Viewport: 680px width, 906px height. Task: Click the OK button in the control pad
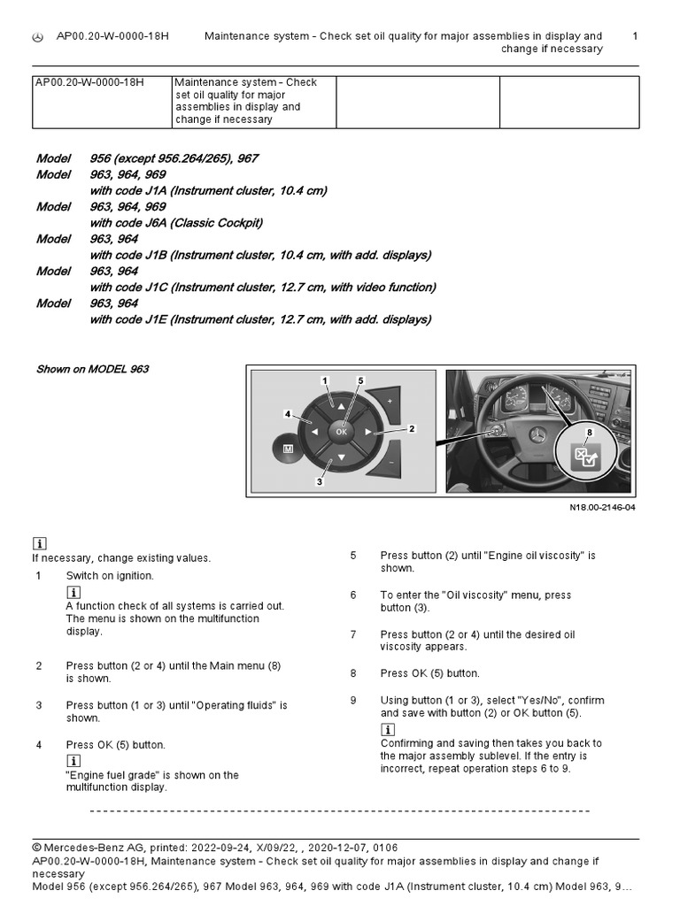340,431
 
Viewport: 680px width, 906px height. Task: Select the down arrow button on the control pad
340,459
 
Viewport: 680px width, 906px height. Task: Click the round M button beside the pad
288,449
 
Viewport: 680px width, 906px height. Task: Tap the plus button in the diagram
390,401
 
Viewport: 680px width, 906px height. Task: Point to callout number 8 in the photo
589,431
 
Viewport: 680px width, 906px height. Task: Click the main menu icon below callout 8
585,457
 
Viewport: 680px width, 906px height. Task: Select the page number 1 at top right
635,36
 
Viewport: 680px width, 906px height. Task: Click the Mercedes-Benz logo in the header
37,37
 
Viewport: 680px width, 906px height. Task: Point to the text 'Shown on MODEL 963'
92,369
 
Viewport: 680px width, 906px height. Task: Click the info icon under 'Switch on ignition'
73,592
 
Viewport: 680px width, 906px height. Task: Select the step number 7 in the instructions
352,634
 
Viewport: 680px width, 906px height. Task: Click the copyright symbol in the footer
37,847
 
